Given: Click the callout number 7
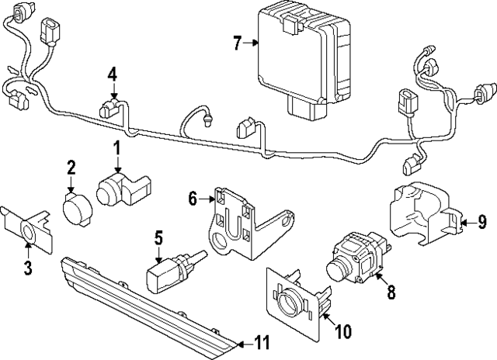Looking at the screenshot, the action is point(238,43).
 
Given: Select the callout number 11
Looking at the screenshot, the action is point(261,342).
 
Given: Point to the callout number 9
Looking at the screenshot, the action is point(482,222).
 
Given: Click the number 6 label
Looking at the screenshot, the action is point(193,199).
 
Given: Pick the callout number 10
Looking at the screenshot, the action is point(343,331).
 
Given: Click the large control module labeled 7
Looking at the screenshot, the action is point(304,64).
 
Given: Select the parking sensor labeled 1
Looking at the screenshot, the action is point(123,189).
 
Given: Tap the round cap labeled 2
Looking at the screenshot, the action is point(78,209).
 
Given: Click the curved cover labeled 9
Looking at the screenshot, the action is point(425,213).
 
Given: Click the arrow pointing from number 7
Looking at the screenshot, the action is point(251,43).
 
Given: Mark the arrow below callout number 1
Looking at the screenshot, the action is point(117,164).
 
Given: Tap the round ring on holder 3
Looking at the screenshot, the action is point(28,232).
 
